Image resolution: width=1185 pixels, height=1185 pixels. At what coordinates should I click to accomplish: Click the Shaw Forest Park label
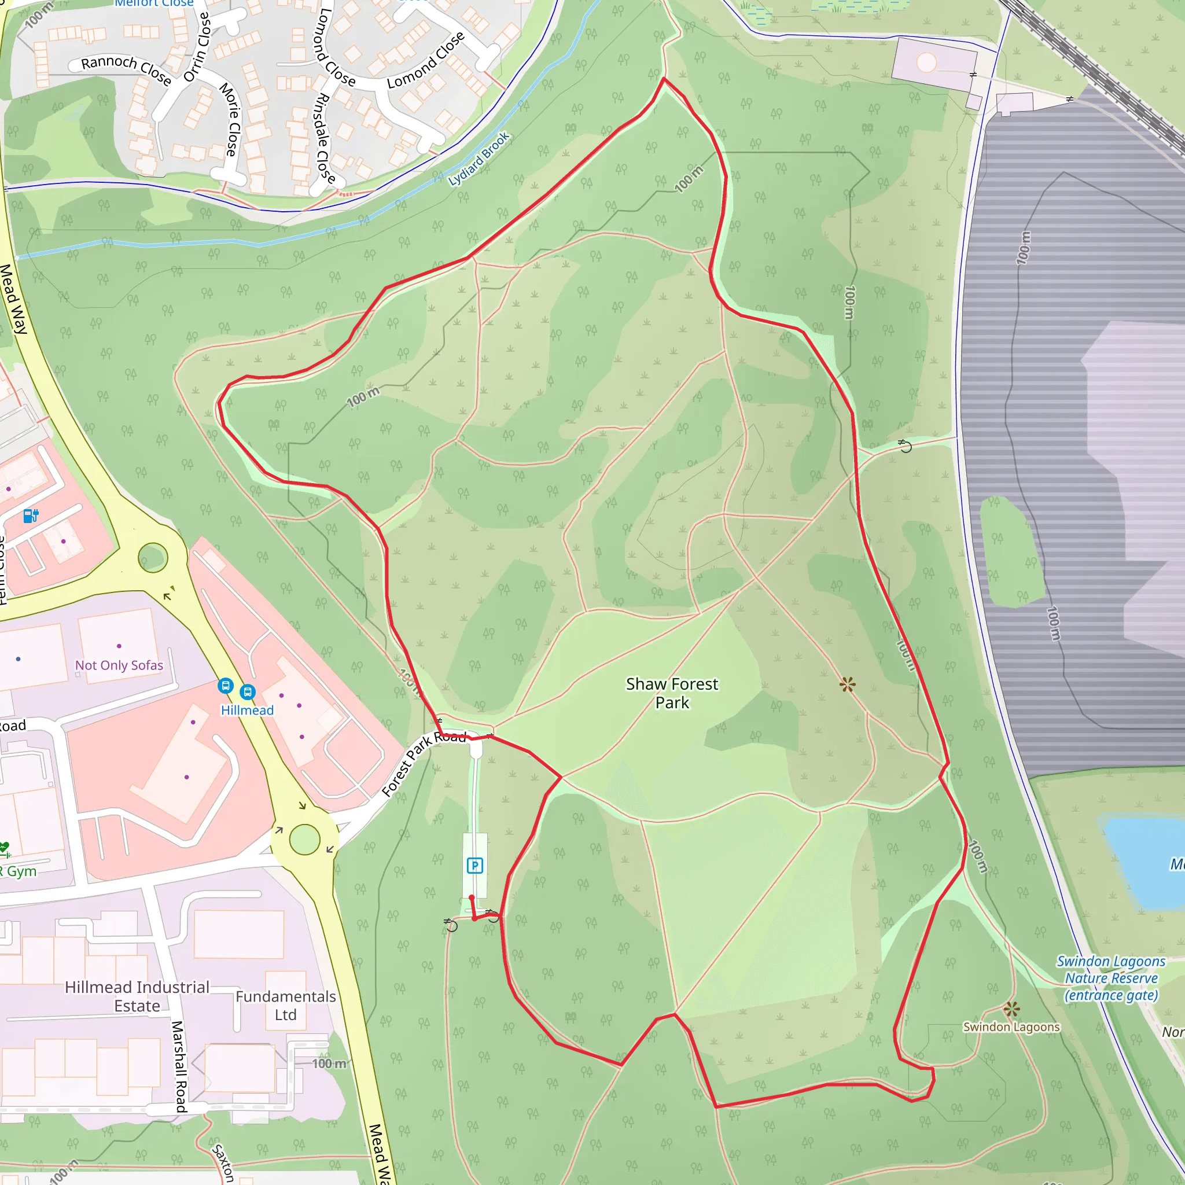pos(672,693)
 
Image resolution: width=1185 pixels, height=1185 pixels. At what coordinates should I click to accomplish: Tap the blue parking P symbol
pos(474,866)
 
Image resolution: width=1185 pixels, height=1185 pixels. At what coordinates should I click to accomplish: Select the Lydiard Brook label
pos(479,159)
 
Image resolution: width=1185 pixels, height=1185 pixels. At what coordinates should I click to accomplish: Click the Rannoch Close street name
pos(126,69)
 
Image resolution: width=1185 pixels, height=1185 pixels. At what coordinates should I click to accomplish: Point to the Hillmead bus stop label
pos(247,711)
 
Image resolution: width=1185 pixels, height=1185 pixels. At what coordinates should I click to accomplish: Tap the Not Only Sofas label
pos(119,665)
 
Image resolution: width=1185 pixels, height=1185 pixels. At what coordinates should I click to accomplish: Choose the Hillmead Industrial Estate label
pos(137,996)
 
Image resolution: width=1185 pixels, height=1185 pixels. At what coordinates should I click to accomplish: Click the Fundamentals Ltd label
pos(285,1005)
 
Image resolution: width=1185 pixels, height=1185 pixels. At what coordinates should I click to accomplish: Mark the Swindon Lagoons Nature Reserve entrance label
pos(1111,978)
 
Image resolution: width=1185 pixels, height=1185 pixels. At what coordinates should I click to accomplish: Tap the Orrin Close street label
pos(197,47)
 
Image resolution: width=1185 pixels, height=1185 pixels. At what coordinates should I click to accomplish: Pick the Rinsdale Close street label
pos(323,139)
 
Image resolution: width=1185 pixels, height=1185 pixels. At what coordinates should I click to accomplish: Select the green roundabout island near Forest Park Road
pos(305,840)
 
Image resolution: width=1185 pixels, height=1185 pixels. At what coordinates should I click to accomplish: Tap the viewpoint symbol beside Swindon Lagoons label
pos(1012,1009)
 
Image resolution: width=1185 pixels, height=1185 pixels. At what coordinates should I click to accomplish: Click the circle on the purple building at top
pos(926,62)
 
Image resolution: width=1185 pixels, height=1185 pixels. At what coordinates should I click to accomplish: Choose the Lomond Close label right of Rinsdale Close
pos(426,61)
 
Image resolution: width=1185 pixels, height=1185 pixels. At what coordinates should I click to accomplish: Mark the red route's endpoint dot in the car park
pos(471,897)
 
